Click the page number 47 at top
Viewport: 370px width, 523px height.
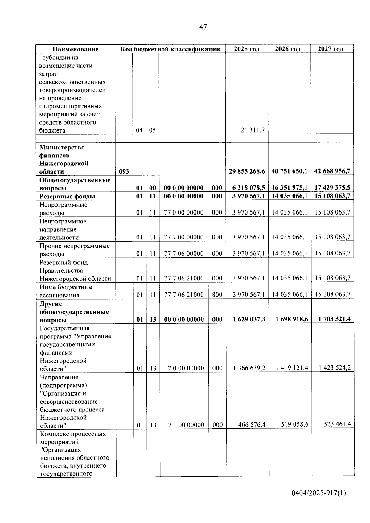[x=203, y=27]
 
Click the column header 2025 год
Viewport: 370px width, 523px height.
[x=246, y=49]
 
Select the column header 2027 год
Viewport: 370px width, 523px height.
[x=330, y=49]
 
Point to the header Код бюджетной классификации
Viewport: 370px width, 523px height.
[x=170, y=49]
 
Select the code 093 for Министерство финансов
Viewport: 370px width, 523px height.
[x=124, y=171]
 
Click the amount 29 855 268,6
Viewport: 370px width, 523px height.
[x=247, y=171]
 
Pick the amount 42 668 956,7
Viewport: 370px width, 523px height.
[x=332, y=171]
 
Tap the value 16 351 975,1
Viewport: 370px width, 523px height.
[x=289, y=188]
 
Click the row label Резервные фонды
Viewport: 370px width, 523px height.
[x=67, y=196]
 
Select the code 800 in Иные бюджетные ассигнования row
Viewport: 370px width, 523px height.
[x=217, y=295]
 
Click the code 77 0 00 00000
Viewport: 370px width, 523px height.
[x=184, y=212]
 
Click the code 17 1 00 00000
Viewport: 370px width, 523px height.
[x=184, y=425]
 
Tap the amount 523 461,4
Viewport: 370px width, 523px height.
[x=337, y=424]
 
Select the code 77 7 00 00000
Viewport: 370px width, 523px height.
[x=184, y=237]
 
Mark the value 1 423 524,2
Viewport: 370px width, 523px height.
[x=335, y=368]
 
